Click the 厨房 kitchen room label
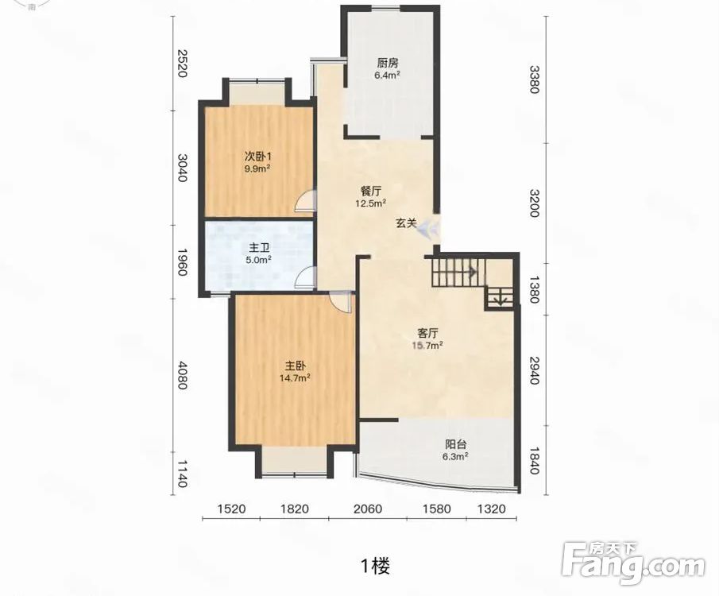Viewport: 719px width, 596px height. [388, 63]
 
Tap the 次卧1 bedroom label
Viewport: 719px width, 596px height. [257, 157]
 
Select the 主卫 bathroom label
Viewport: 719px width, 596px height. [259, 248]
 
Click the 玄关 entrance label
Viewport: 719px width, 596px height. [406, 223]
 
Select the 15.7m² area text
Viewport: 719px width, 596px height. [427, 345]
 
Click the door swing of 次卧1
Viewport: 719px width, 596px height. [306, 200]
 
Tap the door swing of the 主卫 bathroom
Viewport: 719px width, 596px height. [306, 278]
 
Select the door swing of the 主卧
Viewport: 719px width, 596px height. [340, 302]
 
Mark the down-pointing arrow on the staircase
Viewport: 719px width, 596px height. [500, 299]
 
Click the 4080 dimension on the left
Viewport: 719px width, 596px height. [182, 375]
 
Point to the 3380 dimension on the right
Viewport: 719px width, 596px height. [535, 79]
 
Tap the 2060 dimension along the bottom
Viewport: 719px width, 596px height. [367, 509]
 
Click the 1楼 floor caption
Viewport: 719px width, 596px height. [375, 566]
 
